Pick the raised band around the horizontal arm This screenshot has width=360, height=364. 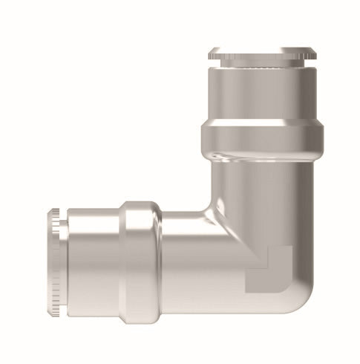(x=140, y=255)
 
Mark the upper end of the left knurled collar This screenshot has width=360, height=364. (x=53, y=212)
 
